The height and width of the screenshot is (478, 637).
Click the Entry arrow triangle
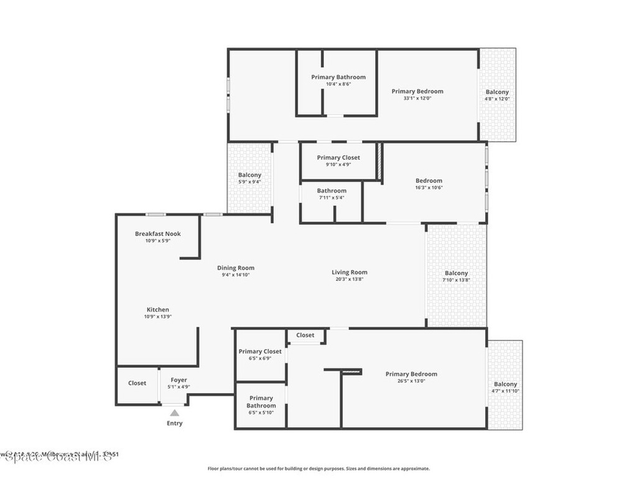click(175, 413)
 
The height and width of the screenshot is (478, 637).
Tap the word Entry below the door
click(175, 423)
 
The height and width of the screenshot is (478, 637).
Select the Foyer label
click(179, 380)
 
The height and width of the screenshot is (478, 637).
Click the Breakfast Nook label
click(158, 234)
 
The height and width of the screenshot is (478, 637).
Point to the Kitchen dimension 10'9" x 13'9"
click(157, 317)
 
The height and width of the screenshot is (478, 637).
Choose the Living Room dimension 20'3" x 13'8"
click(349, 279)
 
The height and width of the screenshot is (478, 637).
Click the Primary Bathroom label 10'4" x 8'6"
click(338, 77)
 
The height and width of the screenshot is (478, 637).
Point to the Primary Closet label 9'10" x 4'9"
click(338, 158)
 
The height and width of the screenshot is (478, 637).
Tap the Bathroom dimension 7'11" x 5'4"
click(332, 198)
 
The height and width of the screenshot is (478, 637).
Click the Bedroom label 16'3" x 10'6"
click(429, 181)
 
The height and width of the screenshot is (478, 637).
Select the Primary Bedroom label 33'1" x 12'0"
click(417, 91)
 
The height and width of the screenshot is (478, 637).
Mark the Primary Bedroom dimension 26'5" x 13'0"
click(411, 382)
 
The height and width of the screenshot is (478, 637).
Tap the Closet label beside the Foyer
click(137, 383)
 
